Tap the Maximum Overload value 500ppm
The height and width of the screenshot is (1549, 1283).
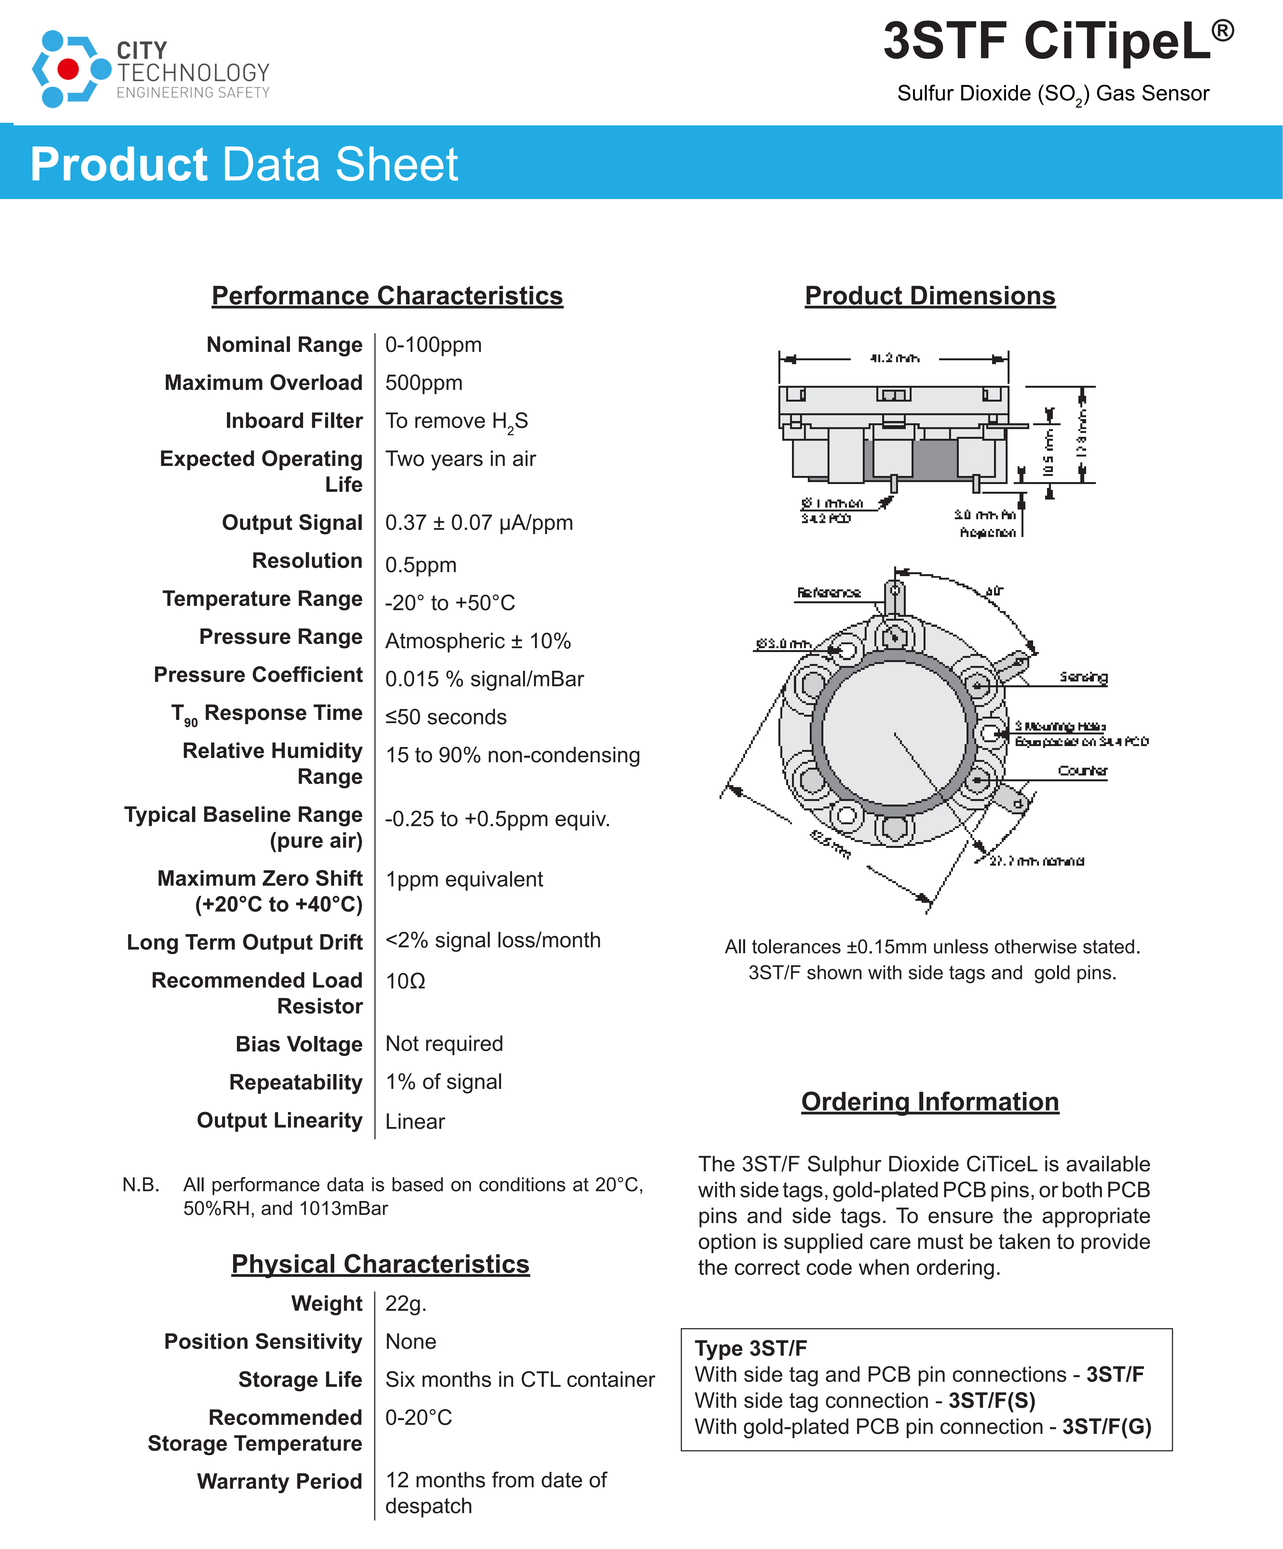(x=423, y=383)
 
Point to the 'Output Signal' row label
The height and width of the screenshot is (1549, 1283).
(x=292, y=522)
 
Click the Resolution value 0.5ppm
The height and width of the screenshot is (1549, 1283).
(x=421, y=565)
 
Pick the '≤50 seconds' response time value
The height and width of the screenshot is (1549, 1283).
(x=446, y=717)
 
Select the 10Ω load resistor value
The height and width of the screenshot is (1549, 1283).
(x=405, y=981)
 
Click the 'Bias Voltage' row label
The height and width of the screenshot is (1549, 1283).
(x=299, y=1044)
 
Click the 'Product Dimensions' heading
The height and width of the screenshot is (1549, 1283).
(x=930, y=296)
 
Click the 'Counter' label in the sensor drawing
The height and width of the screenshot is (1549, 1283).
(x=1082, y=771)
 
